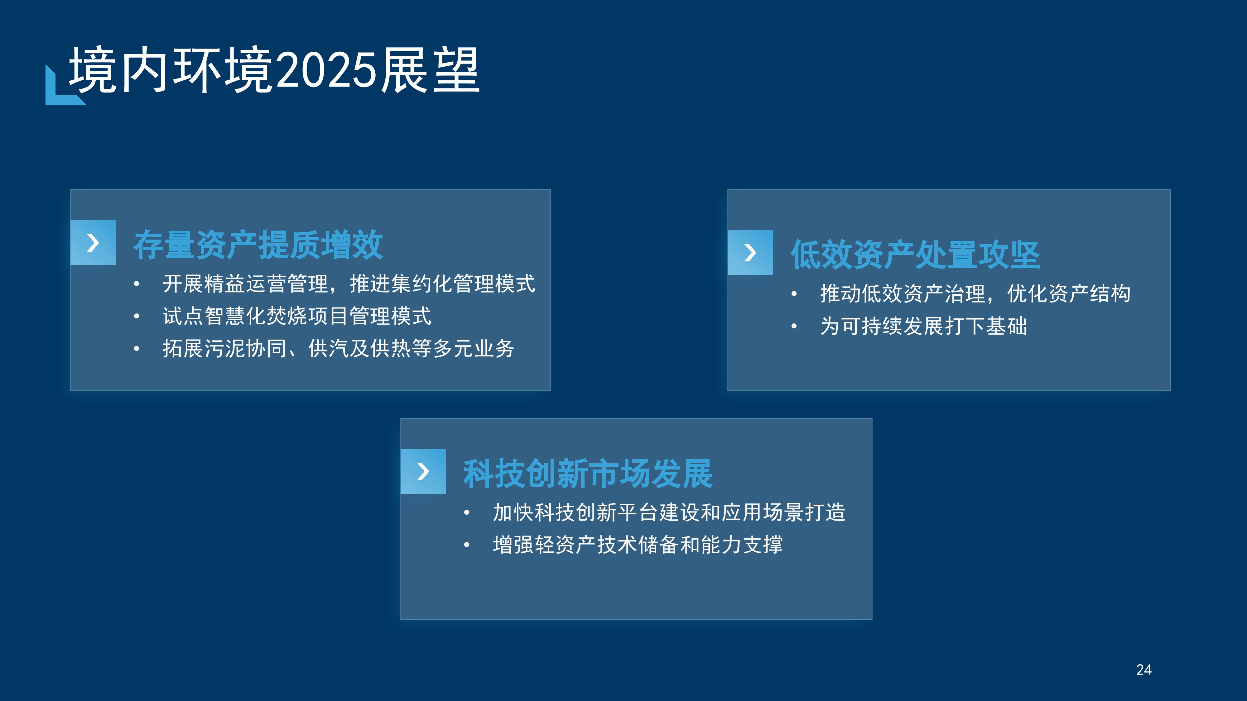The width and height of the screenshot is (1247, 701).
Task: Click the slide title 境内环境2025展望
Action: coord(274,70)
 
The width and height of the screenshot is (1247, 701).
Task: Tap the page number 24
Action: coord(1143,670)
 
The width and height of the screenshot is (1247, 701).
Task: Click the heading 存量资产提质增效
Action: coord(258,245)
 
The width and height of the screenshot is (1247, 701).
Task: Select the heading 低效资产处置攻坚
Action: coord(915,255)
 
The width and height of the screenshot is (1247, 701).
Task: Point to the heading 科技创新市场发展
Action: coord(588,474)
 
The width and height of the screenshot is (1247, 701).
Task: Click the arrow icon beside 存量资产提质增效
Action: coord(93,242)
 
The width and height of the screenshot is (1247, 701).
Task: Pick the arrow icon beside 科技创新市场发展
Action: coord(423,471)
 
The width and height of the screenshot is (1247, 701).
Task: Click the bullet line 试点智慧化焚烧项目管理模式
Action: coord(297,316)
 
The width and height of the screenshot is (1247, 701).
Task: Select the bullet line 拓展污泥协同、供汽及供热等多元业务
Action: coord(338,348)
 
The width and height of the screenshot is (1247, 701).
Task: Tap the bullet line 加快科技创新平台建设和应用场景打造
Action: coord(669,512)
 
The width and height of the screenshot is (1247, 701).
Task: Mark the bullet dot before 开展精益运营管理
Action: coord(137,284)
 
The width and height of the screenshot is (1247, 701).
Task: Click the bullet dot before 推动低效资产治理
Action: coord(794,294)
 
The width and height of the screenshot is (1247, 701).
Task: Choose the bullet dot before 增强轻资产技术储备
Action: coord(467,545)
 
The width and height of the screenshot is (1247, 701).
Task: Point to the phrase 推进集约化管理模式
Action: coord(442,284)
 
